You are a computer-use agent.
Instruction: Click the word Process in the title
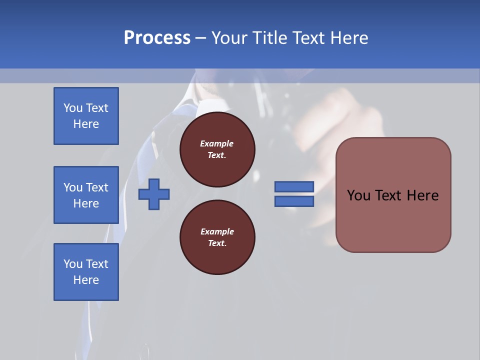tap(157, 37)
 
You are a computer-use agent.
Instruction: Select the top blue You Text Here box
tap(86, 116)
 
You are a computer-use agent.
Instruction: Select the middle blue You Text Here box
tap(86, 195)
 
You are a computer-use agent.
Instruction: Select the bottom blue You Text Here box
tap(86, 271)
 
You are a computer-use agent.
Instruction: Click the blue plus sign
tap(154, 195)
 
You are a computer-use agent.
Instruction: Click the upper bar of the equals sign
tap(294, 186)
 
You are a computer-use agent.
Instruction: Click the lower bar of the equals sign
tap(294, 201)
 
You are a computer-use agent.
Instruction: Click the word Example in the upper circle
tap(217, 143)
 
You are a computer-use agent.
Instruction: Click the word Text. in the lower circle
tap(217, 243)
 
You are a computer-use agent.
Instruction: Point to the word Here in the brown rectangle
tap(422, 195)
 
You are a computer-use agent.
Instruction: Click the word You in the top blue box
tap(73, 108)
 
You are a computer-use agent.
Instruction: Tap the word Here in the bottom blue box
tap(86, 280)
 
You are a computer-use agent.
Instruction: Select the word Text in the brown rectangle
tap(388, 195)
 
